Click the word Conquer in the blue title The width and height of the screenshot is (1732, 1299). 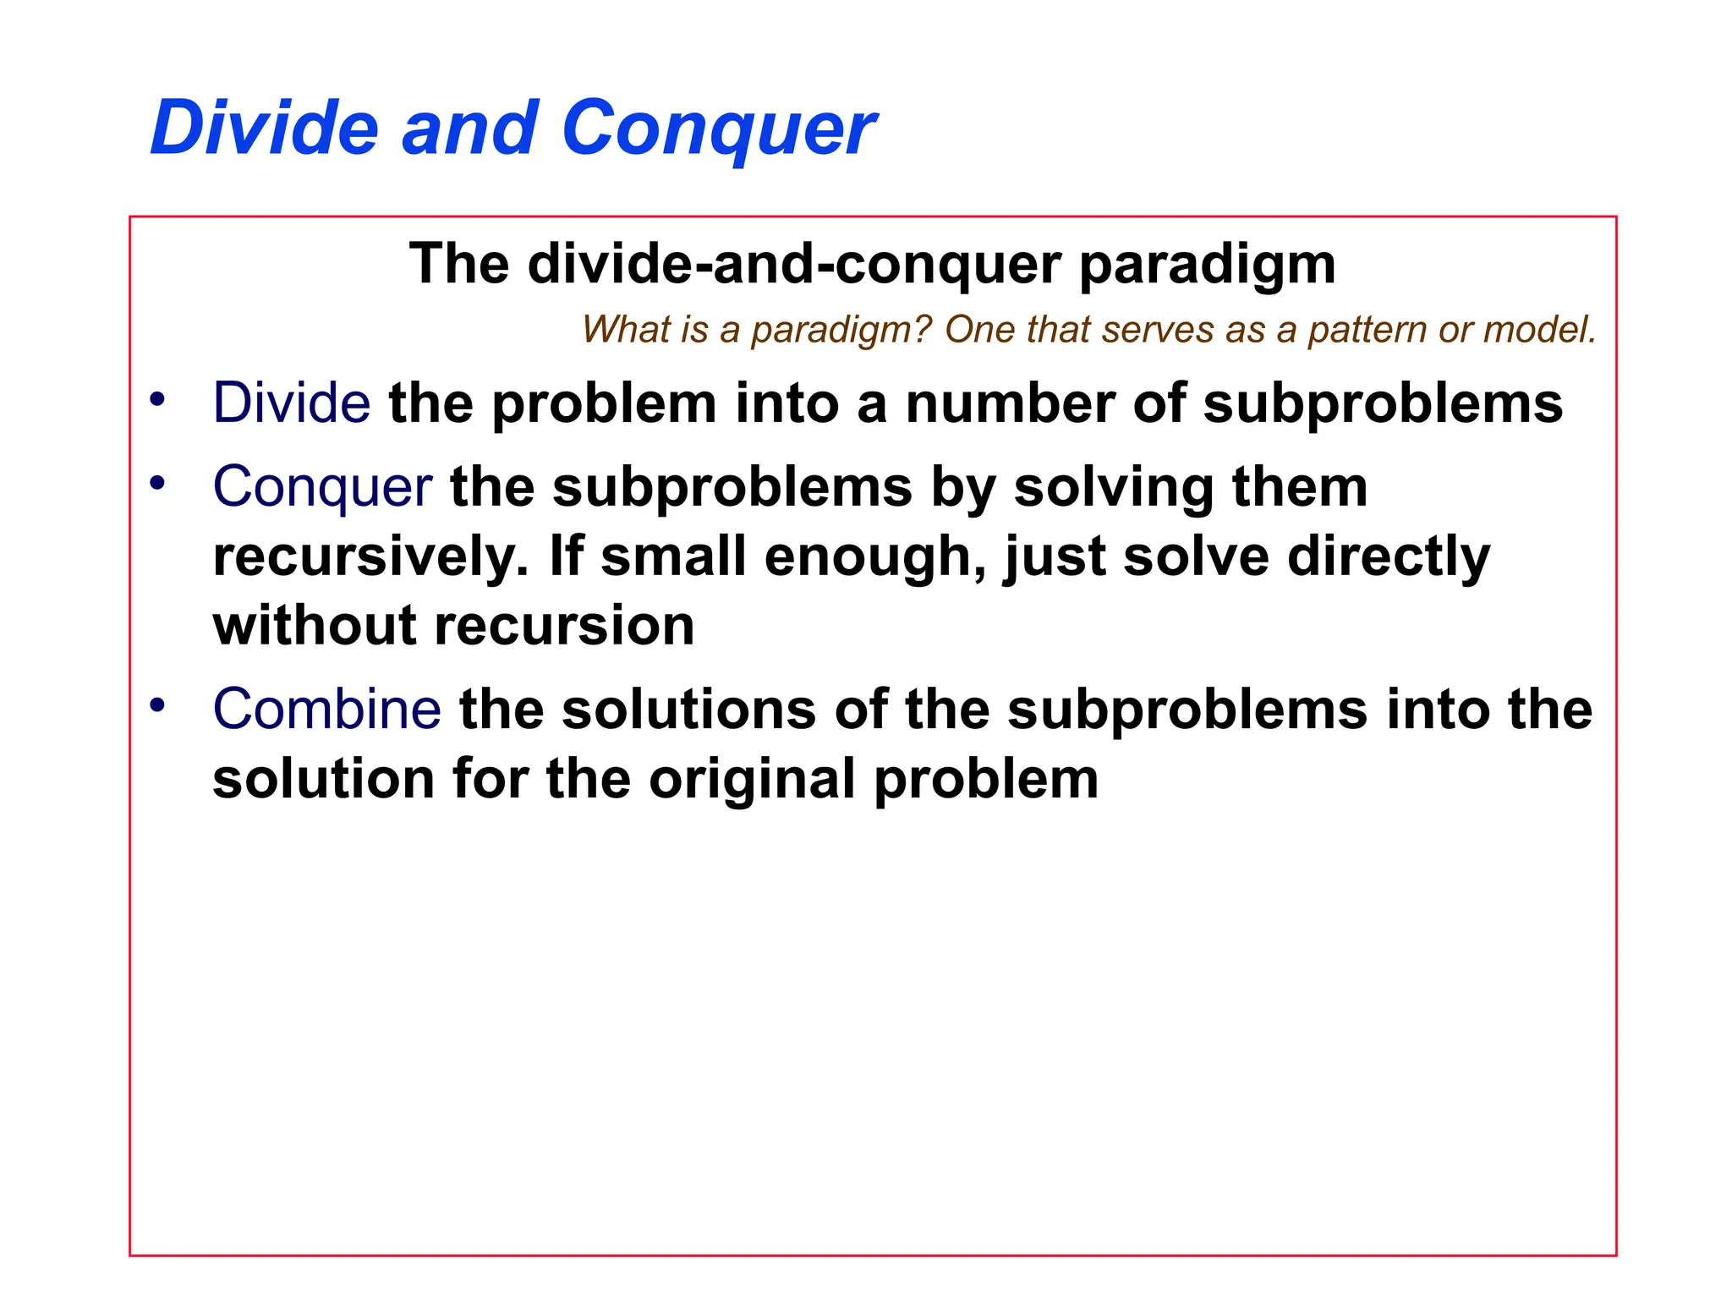(719, 129)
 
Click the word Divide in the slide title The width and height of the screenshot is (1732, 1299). (264, 129)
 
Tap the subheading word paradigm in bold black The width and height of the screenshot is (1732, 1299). (1208, 264)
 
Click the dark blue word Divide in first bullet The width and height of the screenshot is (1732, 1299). (291, 403)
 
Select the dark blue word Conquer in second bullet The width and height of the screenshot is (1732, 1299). (322, 488)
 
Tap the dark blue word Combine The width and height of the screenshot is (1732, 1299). (326, 709)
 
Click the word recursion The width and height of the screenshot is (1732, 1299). (564, 626)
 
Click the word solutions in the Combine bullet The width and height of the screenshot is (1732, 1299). (688, 709)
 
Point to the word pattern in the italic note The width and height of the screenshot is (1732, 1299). (1364, 330)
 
